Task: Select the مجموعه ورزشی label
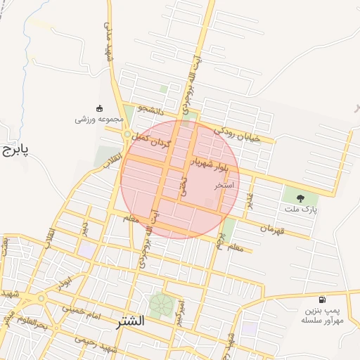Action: pyautogui.click(x=100, y=120)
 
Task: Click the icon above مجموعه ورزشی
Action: pyautogui.click(x=99, y=108)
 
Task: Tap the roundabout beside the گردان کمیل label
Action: pyautogui.click(x=127, y=134)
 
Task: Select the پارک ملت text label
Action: pyautogui.click(x=301, y=210)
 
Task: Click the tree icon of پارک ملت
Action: pyautogui.click(x=301, y=198)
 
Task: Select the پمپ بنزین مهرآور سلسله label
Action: pyautogui.click(x=322, y=315)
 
